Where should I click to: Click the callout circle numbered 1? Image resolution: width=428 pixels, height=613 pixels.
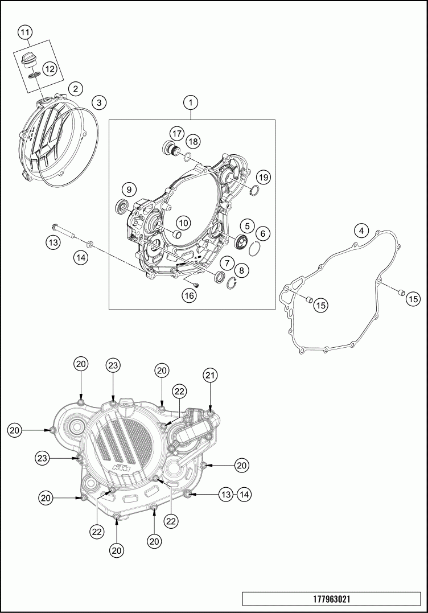[191, 102]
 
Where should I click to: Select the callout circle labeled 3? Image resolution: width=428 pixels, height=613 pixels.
[98, 102]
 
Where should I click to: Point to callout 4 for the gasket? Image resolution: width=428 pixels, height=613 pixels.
[360, 231]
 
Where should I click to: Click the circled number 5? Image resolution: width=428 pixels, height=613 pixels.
[246, 225]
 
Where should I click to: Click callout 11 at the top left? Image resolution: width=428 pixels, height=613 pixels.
[24, 32]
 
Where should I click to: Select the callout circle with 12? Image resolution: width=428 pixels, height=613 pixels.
[50, 69]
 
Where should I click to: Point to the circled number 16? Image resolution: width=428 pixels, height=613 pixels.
[190, 295]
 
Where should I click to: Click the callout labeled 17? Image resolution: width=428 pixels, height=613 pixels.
[176, 134]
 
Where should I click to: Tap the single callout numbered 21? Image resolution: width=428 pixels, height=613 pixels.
[211, 375]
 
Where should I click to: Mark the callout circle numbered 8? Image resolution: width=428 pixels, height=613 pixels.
[242, 271]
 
